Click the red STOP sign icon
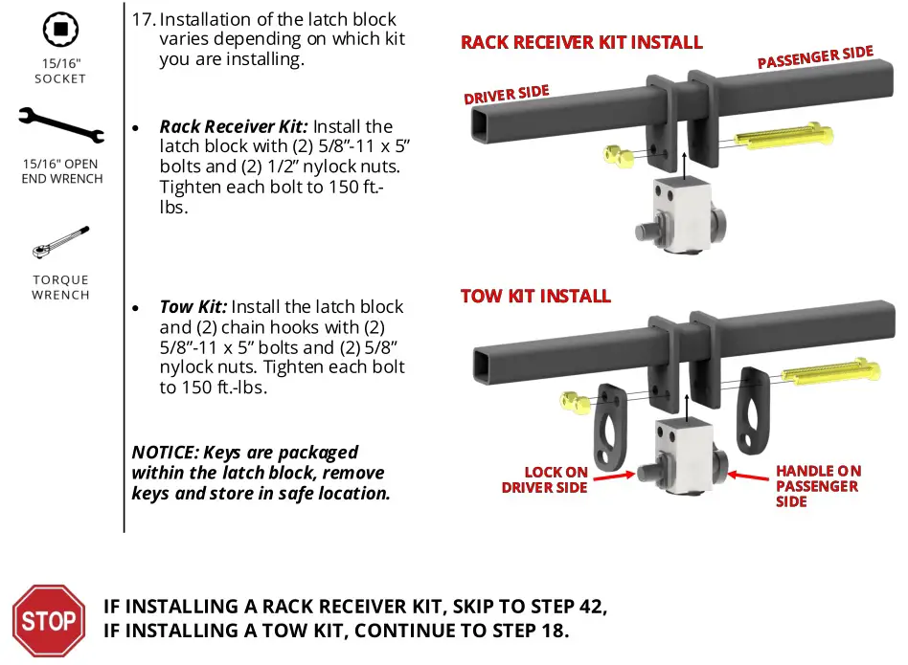(x=49, y=620)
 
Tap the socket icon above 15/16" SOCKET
(x=60, y=30)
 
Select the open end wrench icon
(x=60, y=125)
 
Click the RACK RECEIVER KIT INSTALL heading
(x=581, y=43)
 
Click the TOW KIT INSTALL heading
(x=535, y=296)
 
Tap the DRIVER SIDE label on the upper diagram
(x=507, y=96)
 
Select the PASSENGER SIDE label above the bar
(x=815, y=57)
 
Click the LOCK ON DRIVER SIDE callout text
(x=545, y=480)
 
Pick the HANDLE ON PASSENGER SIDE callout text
(x=818, y=485)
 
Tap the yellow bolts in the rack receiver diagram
(x=781, y=137)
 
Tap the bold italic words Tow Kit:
(x=193, y=307)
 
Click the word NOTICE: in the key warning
(x=165, y=453)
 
